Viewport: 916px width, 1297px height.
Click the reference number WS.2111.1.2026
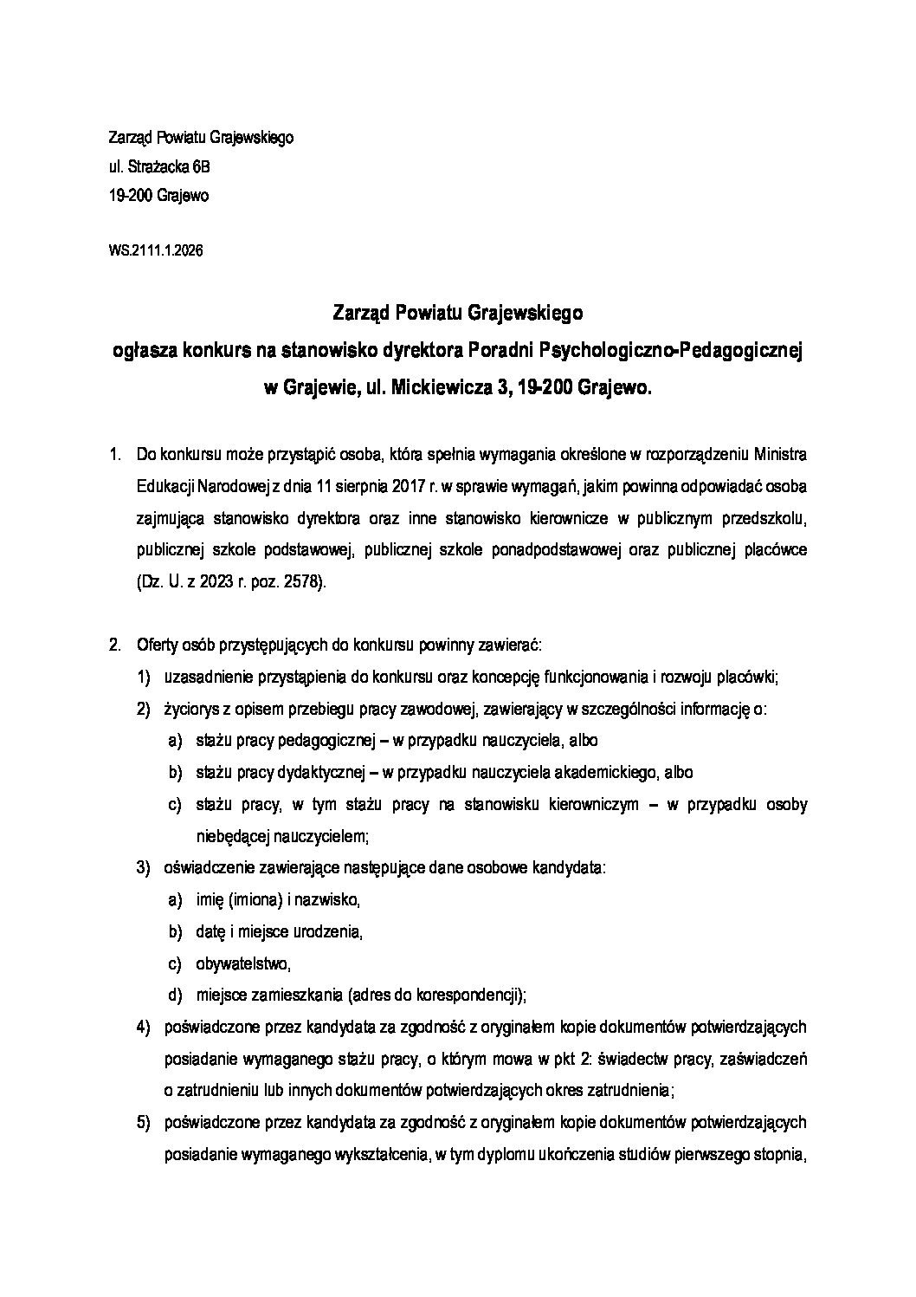156,251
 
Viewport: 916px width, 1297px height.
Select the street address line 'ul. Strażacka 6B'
159,166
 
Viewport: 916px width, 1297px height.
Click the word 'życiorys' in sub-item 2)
190,709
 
